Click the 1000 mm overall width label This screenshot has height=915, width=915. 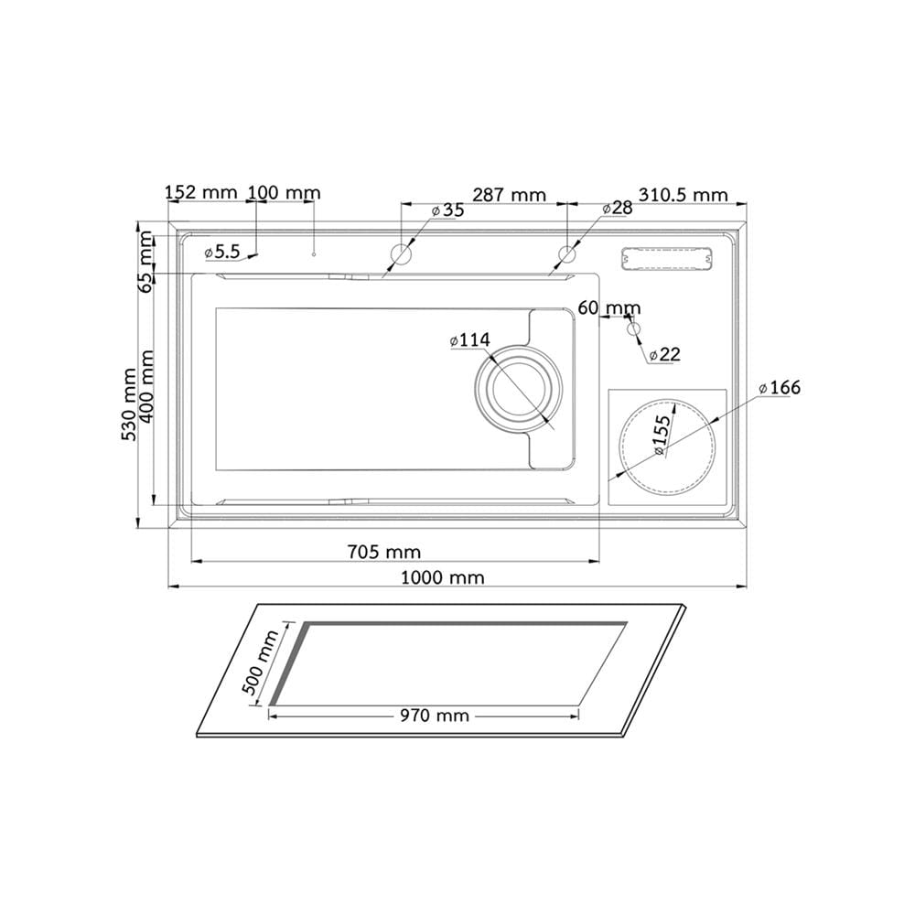click(x=442, y=577)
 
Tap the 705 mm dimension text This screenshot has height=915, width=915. click(x=384, y=552)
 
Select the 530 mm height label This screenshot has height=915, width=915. click(x=129, y=404)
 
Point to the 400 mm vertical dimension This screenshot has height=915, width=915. click(x=146, y=387)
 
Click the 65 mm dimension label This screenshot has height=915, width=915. click(x=146, y=261)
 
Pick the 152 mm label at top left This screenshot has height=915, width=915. click(x=201, y=192)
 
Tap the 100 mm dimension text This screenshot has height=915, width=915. click(x=285, y=192)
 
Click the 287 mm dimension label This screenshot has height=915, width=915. click(x=510, y=194)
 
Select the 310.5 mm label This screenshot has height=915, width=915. click(x=684, y=194)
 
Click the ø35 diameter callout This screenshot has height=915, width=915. click(x=447, y=210)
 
